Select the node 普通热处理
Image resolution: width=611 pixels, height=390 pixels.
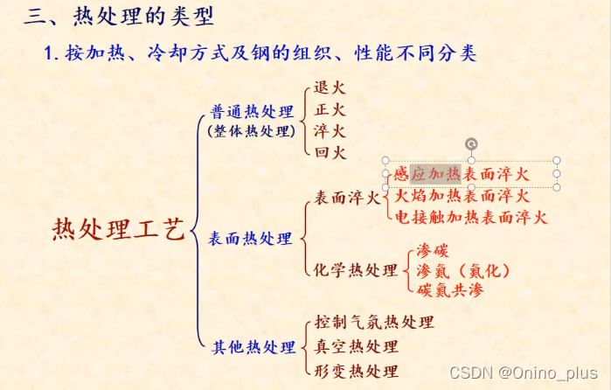pos(253,112)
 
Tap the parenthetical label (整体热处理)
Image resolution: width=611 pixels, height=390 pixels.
pos(253,131)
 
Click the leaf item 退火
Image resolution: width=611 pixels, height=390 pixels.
pos(330,88)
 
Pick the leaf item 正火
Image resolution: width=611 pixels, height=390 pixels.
pos(330,110)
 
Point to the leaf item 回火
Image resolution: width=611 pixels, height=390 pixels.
pos(330,152)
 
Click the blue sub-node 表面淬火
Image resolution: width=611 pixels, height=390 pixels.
pos(347,198)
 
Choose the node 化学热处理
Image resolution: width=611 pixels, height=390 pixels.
pos(356,269)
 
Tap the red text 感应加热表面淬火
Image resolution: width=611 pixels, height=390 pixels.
pos(462,173)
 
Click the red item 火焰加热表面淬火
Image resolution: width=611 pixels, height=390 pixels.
pos(462,195)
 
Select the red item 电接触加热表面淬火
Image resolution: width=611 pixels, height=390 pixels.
pos(470,217)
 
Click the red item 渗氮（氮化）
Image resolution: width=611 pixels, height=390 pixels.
pos(463,269)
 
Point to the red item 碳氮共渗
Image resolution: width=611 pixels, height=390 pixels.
pos(449,289)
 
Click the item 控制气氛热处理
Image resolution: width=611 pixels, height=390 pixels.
pos(374,322)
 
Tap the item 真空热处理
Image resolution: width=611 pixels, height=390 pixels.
pos(356,347)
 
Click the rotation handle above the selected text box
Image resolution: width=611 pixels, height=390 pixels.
pos(471,143)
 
